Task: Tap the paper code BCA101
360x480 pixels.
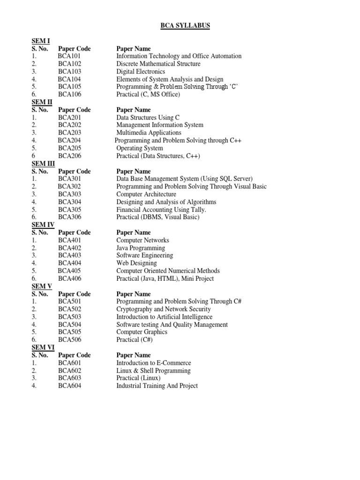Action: (70, 56)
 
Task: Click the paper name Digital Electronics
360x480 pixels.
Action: (141, 72)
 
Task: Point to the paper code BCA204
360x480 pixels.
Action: (69, 141)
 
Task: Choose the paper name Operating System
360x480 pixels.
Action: (140, 148)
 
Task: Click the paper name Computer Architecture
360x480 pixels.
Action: (146, 194)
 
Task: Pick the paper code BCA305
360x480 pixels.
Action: (70, 210)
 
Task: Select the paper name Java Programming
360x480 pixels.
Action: (141, 248)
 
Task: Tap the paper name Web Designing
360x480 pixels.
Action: (136, 263)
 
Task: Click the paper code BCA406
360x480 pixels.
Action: (70, 278)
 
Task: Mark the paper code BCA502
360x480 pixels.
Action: (70, 309)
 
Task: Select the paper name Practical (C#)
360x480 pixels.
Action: (135, 340)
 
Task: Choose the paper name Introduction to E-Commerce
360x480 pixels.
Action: (154, 363)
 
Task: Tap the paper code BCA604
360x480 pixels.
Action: (70, 386)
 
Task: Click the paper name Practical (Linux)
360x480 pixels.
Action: (138, 378)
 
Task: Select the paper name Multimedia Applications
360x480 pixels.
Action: (149, 133)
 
